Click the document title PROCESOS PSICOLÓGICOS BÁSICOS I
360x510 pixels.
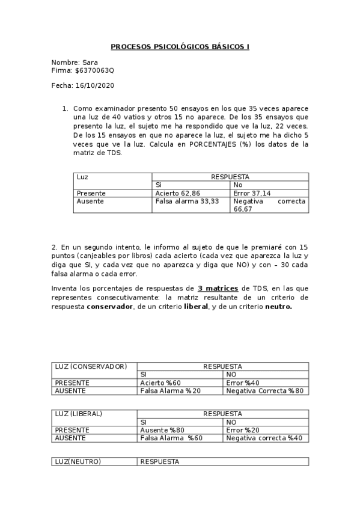point(180,46)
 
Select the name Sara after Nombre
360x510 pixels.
point(90,62)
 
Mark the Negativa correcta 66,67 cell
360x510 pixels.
point(269,205)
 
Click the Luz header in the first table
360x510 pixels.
point(82,177)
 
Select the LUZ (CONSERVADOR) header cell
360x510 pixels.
point(91,366)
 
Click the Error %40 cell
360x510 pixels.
point(243,382)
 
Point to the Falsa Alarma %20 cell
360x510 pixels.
point(171,390)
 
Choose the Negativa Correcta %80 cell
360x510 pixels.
point(264,390)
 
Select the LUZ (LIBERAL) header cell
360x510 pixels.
point(78,414)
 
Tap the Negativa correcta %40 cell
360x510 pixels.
point(264,438)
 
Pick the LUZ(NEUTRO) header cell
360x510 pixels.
point(78,461)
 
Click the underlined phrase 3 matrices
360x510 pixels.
point(218,289)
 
